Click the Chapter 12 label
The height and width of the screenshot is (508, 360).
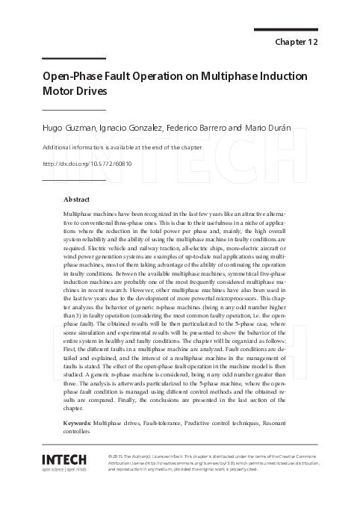coord(297,42)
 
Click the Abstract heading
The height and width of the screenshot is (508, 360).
coord(77,199)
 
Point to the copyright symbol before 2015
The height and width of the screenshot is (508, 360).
coord(111,454)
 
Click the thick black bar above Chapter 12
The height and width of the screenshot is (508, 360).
coord(286,30)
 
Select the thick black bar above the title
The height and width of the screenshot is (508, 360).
coord(73,58)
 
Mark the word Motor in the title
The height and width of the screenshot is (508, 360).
coord(57,92)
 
